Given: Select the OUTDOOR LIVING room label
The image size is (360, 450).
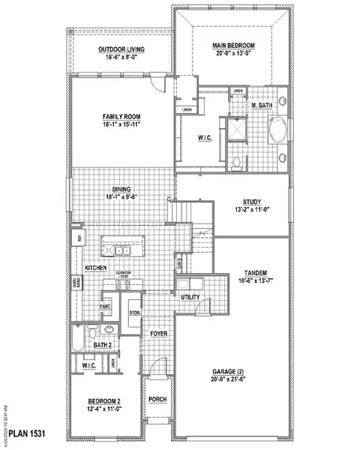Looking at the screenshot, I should tap(121, 50).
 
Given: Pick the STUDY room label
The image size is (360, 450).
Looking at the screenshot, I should tap(251, 202).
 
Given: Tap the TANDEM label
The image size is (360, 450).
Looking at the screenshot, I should tap(256, 272).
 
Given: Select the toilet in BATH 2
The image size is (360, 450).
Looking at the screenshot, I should tap(88, 331).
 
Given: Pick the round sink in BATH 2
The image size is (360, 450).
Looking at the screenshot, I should tap(109, 329).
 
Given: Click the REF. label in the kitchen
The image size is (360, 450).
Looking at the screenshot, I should tap(76, 238).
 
